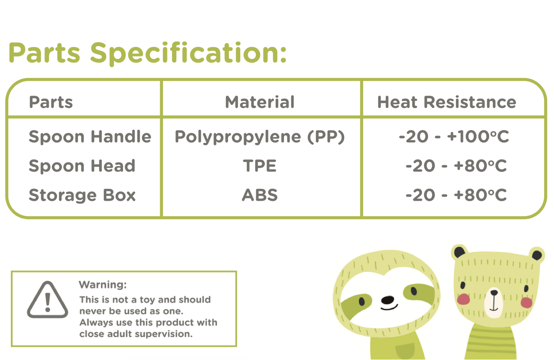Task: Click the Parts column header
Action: [x=51, y=102]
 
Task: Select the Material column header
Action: [x=260, y=102]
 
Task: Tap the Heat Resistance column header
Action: [x=447, y=102]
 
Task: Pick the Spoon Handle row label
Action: [x=90, y=137]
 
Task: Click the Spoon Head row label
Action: [x=82, y=166]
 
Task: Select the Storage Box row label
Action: [x=82, y=195]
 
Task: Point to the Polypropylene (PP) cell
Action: [x=260, y=137]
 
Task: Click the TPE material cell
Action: [x=260, y=166]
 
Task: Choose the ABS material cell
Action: [x=260, y=195]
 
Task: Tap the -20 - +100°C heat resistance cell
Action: [x=454, y=137]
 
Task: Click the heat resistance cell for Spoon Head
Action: [x=456, y=166]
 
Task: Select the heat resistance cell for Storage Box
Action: [x=456, y=195]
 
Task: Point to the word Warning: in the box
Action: [x=103, y=285]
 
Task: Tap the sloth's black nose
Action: [x=388, y=300]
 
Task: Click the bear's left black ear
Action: [x=460, y=252]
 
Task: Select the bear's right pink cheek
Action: [x=527, y=303]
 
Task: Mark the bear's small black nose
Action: [x=494, y=293]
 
